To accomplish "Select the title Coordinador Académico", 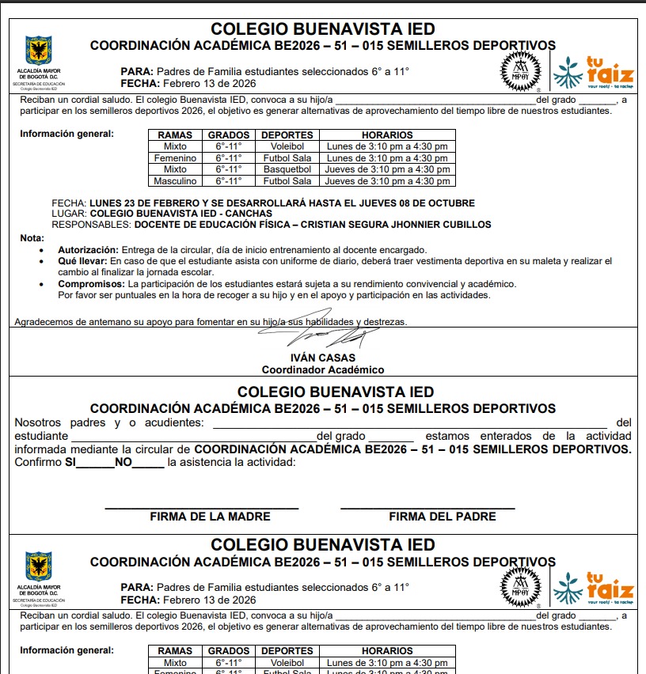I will [x=323, y=369].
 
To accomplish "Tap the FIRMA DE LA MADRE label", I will [x=210, y=517].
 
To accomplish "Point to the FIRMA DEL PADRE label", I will [x=442, y=517].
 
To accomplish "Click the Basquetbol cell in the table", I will [x=287, y=169].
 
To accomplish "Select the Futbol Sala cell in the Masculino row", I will [x=287, y=181].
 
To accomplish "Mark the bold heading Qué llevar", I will [x=82, y=261].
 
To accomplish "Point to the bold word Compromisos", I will [x=89, y=284].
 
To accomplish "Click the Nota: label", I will [x=32, y=238].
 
